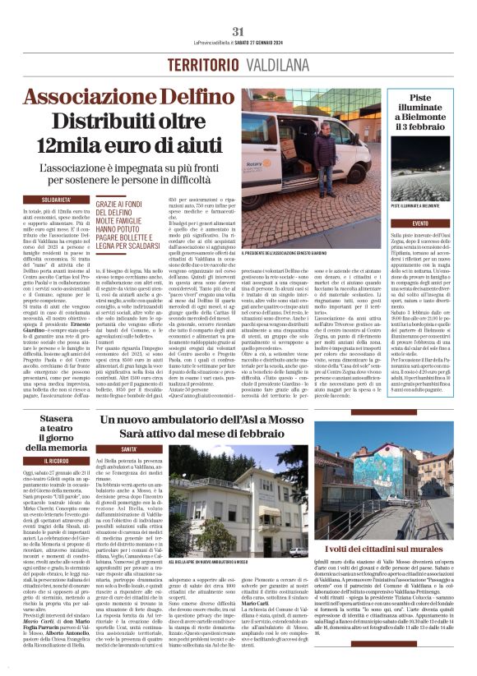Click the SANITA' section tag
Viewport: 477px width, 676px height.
(x=130, y=449)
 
